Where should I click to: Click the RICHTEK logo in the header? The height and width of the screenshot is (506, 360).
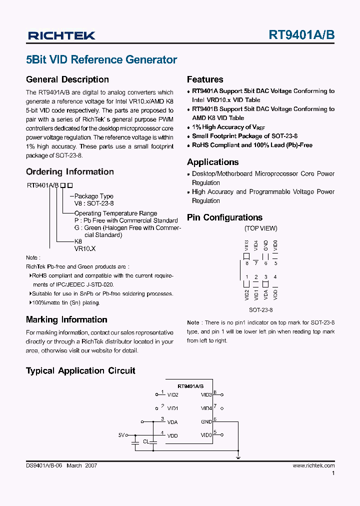(61, 35)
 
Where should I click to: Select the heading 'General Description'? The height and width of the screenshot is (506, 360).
(67, 79)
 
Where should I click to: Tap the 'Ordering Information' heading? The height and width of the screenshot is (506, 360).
(69, 171)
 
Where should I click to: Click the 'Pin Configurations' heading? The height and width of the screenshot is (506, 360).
(224, 217)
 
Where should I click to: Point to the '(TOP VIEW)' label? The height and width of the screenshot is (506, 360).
(260, 228)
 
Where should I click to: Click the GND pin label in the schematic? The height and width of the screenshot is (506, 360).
(206, 421)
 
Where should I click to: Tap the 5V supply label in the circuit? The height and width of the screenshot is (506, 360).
(121, 435)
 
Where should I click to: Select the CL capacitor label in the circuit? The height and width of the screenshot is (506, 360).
(145, 442)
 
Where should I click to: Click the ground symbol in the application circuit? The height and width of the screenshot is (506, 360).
(238, 456)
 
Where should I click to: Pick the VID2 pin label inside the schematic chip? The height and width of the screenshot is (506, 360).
(172, 394)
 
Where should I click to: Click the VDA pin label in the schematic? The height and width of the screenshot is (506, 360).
(172, 421)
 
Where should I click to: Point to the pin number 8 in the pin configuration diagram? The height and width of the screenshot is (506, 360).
(246, 263)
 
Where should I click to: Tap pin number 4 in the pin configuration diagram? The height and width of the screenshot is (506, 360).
(275, 277)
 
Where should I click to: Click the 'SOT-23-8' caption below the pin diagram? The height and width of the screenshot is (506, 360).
(260, 309)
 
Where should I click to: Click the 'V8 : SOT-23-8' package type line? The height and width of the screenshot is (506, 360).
(94, 203)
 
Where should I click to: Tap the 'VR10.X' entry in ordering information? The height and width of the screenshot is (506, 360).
(84, 248)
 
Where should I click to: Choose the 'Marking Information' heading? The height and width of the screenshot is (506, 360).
(66, 319)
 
